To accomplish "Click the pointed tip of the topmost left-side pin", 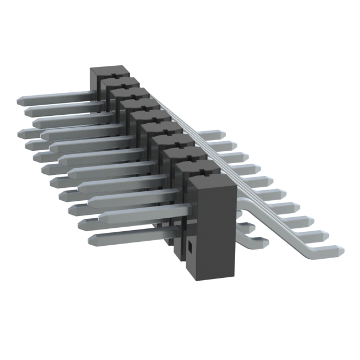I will coord(18,100).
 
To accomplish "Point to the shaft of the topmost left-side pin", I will coord(56,97).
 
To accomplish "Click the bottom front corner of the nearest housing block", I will coord(200,278).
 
